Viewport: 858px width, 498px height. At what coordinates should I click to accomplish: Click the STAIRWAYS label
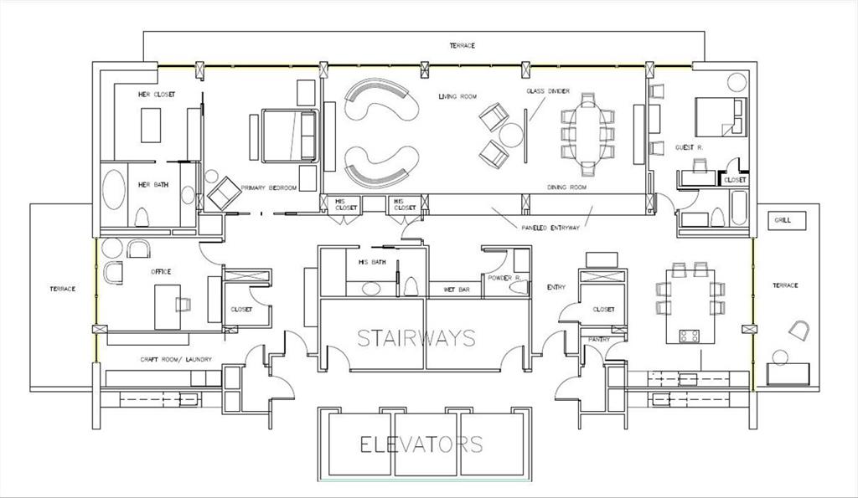pyautogui.click(x=416, y=338)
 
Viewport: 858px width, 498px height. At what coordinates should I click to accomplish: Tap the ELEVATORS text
pyautogui.click(x=421, y=444)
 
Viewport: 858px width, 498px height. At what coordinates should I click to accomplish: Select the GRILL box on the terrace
pyautogui.click(x=786, y=220)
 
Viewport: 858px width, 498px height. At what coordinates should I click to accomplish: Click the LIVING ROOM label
pyautogui.click(x=457, y=97)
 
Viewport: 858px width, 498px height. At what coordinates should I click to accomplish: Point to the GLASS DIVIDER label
pyautogui.click(x=548, y=91)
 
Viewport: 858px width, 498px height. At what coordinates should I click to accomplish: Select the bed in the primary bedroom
pyautogui.click(x=290, y=136)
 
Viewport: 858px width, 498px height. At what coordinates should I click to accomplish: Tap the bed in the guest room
pyautogui.click(x=721, y=117)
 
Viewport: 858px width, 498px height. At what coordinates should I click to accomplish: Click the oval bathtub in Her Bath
pyautogui.click(x=114, y=189)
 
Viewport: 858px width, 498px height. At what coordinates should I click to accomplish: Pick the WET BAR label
pyautogui.click(x=457, y=290)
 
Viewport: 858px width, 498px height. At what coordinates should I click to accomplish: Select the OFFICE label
pyautogui.click(x=161, y=272)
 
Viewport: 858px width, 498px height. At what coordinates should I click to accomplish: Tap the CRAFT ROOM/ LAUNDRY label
pyautogui.click(x=176, y=360)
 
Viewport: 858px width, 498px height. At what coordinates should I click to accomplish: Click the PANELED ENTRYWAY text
pyautogui.click(x=550, y=228)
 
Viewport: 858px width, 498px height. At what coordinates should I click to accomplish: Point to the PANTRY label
pyautogui.click(x=598, y=340)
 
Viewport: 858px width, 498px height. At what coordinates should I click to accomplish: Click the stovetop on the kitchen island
pyautogui.click(x=689, y=336)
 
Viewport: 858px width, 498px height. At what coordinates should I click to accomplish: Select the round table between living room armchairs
pyautogui.click(x=511, y=135)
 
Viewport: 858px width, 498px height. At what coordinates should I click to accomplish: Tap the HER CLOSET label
pyautogui.click(x=157, y=95)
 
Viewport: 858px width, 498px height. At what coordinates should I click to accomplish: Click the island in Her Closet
pyautogui.click(x=151, y=126)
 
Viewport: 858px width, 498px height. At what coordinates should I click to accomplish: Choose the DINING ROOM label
pyautogui.click(x=567, y=187)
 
